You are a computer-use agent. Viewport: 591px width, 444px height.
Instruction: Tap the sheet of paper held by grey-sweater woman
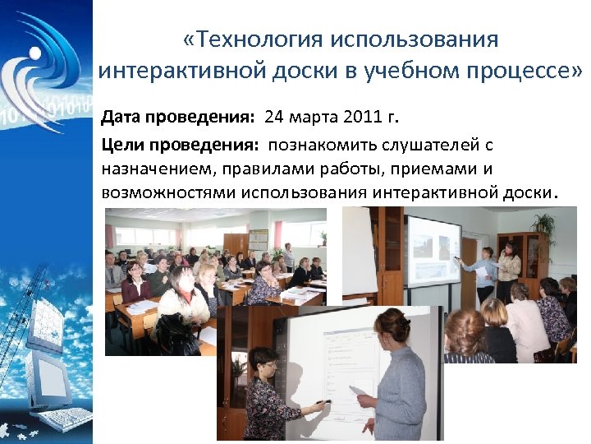(359, 391)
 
